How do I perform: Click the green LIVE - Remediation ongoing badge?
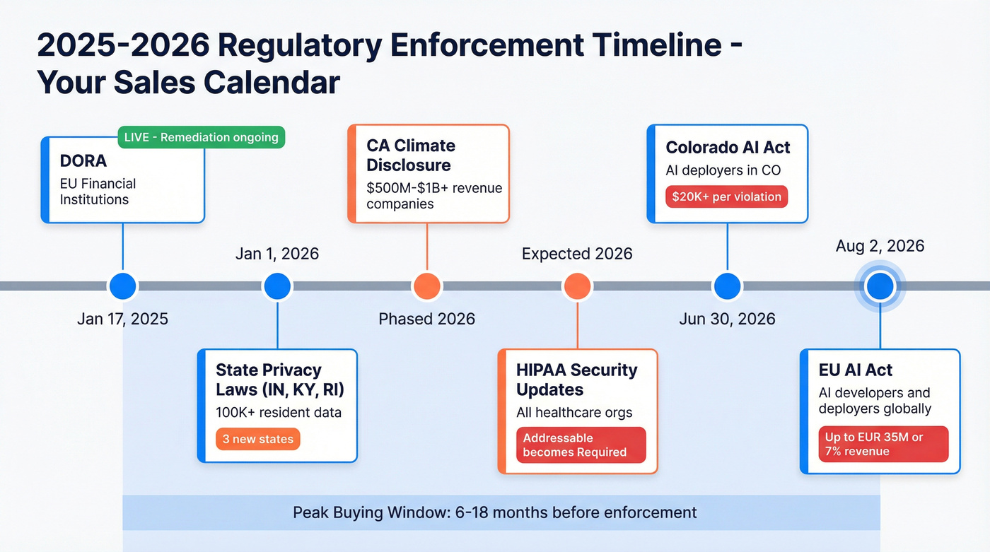tap(201, 136)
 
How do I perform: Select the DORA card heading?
tap(83, 161)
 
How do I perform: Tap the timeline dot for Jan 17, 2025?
tap(123, 286)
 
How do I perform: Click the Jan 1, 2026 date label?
tap(276, 254)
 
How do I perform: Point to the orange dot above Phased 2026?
tap(426, 286)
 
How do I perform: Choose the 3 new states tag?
tap(257, 439)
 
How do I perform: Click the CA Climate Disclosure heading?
tap(410, 155)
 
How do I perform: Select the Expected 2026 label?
tap(577, 254)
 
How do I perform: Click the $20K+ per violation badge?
tap(727, 196)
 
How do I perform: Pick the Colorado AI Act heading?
tap(728, 148)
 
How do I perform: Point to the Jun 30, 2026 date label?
tap(727, 319)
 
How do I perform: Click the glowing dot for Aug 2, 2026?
tap(880, 286)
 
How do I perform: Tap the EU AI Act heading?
tap(856, 370)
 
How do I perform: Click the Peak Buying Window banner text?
tap(495, 512)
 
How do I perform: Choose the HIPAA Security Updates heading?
tap(576, 380)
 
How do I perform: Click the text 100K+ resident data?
tap(279, 413)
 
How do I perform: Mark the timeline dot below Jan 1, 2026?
tap(276, 286)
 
